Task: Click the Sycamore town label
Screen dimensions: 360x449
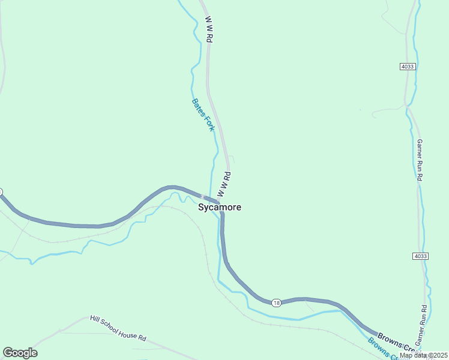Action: [x=220, y=208]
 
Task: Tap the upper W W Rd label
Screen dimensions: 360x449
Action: [x=209, y=28]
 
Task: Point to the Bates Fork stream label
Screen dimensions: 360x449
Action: [x=203, y=115]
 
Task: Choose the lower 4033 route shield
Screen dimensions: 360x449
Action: [x=421, y=256]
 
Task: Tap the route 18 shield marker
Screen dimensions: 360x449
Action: [x=276, y=302]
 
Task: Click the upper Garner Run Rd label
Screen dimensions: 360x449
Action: [x=420, y=160]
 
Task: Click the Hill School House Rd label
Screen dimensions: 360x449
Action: [x=118, y=328]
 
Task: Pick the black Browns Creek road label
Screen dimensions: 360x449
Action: [x=396, y=341]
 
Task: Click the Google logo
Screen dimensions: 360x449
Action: [x=20, y=353]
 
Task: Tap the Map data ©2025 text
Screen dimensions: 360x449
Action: [x=423, y=355]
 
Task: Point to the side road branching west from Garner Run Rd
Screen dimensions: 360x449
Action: [x=387, y=110]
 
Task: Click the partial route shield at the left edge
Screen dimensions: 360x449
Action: [x=1, y=192]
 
